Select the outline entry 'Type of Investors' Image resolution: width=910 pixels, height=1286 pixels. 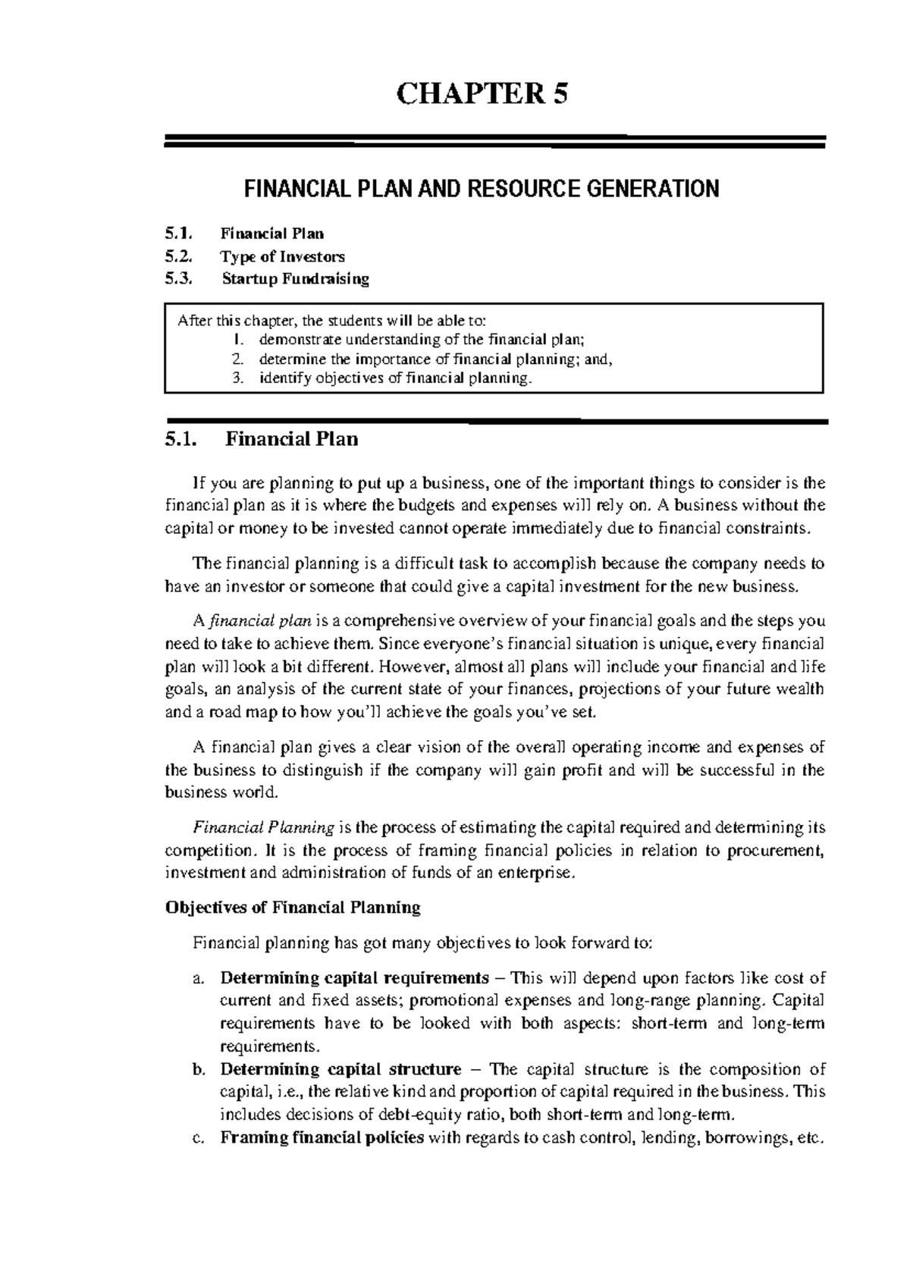[282, 256]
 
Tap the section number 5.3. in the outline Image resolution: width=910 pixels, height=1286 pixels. [179, 278]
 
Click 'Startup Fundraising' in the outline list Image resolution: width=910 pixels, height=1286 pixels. [295, 278]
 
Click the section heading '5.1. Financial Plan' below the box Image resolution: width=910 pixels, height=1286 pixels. [261, 439]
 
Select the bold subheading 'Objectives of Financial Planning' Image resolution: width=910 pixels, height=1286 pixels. [293, 908]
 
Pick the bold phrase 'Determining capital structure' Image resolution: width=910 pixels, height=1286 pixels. [340, 1069]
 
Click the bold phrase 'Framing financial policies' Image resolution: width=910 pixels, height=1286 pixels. [322, 1138]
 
